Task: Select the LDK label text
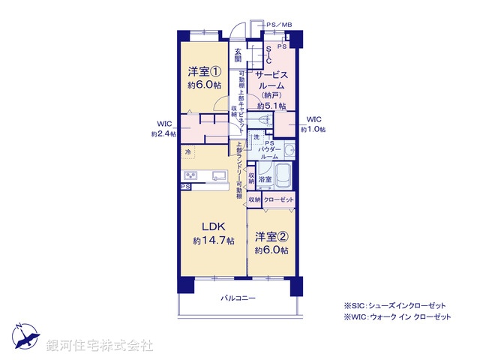(209, 226)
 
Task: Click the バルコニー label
(238, 298)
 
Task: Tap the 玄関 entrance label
(238, 55)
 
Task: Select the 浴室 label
(265, 180)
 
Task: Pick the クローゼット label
(278, 200)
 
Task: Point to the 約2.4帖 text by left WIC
(163, 133)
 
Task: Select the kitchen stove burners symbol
(190, 176)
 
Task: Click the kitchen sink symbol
(218, 176)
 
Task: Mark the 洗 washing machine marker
(255, 137)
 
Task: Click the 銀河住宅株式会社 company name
(100, 346)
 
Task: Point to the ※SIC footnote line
(394, 306)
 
